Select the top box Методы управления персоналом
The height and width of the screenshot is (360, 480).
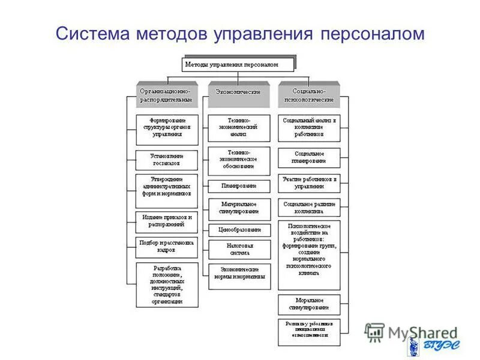click(239, 64)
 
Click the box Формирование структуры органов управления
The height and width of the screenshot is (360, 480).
click(167, 130)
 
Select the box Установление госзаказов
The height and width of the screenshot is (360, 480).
click(167, 159)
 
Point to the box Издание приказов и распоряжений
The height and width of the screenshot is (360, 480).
click(167, 221)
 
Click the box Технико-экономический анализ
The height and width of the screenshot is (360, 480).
click(239, 128)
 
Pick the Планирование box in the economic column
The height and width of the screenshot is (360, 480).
click(239, 186)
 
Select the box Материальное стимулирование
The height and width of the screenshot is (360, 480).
click(239, 208)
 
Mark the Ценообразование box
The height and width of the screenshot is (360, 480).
click(239, 230)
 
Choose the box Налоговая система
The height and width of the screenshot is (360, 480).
click(239, 249)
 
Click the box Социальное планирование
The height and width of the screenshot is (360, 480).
click(310, 158)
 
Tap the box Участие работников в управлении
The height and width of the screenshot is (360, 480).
click(310, 183)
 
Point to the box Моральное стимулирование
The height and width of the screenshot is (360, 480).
click(310, 304)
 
